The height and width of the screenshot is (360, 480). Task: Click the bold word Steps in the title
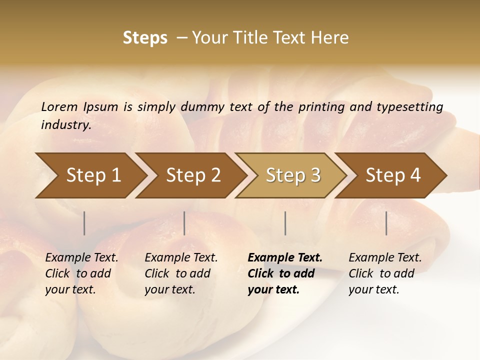(x=145, y=38)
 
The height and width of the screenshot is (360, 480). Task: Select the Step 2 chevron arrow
(x=193, y=175)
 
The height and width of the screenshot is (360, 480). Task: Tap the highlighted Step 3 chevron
(x=293, y=175)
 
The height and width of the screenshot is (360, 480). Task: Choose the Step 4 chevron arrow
(x=393, y=175)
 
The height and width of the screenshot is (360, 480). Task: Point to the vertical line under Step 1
(x=84, y=223)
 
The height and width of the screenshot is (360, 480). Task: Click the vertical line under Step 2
(x=184, y=223)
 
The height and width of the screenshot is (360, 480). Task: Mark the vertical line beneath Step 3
(x=285, y=223)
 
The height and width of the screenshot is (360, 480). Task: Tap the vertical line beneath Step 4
(x=386, y=223)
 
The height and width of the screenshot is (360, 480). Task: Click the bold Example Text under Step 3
(x=285, y=273)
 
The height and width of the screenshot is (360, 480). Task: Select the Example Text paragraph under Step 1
(x=82, y=273)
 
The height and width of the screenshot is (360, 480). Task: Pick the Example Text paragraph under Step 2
(x=181, y=273)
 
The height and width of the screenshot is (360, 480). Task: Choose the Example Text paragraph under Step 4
(x=385, y=273)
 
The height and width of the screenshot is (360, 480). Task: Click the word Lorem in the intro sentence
(x=59, y=106)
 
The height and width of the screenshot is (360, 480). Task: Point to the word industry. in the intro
(x=66, y=124)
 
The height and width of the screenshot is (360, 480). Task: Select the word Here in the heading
(x=331, y=38)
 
